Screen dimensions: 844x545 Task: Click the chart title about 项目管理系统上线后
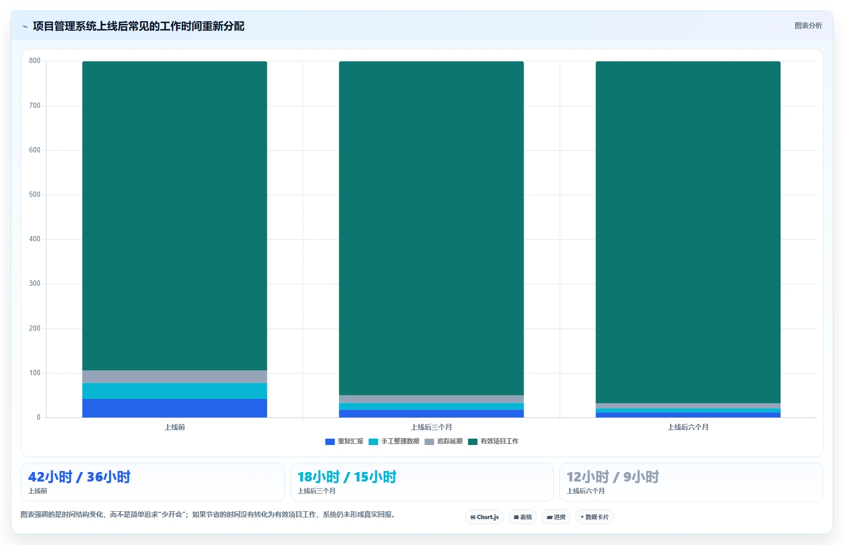tap(138, 26)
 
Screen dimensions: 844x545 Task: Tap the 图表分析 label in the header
tap(808, 25)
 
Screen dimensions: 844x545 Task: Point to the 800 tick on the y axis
tap(35, 61)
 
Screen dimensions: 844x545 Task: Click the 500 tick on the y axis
tap(35, 195)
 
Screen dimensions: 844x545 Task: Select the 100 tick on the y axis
tap(35, 373)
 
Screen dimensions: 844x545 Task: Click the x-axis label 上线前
tap(174, 427)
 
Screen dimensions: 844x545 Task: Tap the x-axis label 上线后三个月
tap(431, 427)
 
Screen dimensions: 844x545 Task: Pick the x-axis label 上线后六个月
tap(688, 427)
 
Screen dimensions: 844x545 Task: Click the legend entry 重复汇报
tap(344, 441)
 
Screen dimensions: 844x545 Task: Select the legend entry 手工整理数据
tap(394, 441)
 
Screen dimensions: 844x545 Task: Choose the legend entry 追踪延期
tap(443, 441)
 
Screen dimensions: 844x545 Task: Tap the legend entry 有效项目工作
tap(493, 441)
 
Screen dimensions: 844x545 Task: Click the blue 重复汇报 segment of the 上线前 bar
tap(174, 408)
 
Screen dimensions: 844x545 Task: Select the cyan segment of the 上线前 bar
tap(174, 391)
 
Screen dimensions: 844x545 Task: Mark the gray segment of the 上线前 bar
tap(174, 377)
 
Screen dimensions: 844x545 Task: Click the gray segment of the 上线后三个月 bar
tap(431, 399)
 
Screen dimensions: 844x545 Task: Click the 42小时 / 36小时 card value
tap(79, 477)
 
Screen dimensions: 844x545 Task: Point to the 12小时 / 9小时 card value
tap(613, 477)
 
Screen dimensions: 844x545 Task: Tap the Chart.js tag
tap(485, 517)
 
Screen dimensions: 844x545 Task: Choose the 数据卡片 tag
tap(594, 517)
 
